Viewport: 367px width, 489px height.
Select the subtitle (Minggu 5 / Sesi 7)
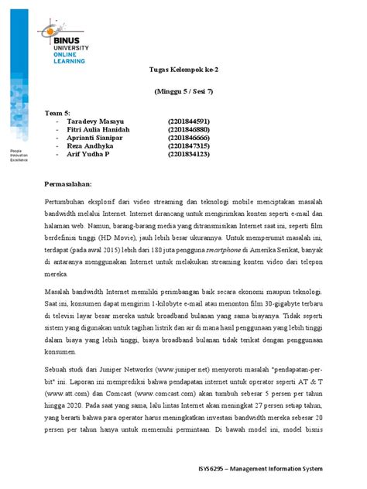pos(183,91)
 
